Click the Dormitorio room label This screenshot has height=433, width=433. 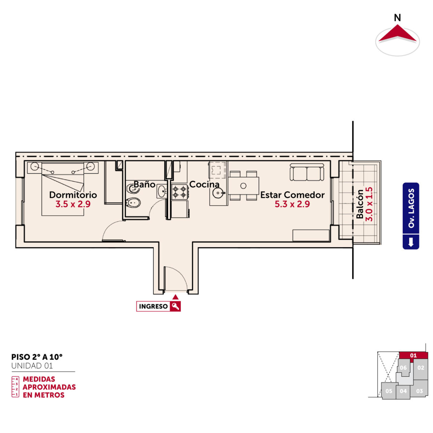coord(73,195)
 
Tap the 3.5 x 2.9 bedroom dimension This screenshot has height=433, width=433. coord(73,204)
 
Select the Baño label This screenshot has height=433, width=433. coord(145,184)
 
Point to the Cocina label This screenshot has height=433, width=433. coord(204,184)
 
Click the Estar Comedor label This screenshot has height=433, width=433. coord(292,195)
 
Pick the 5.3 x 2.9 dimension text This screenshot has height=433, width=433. coord(292,204)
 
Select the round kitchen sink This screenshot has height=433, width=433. coord(218,193)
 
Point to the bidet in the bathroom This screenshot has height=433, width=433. coord(133,203)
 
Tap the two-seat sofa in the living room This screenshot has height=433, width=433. coord(307,172)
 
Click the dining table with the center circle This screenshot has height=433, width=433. coord(244,186)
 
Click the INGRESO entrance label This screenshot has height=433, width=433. coord(153,306)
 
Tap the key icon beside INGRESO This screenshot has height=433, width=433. coord(175,306)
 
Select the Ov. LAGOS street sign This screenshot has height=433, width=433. coord(411,216)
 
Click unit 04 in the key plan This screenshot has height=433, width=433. coord(403,391)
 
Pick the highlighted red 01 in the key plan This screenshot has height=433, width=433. coord(413,355)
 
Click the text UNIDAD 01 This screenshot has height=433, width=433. coord(32,366)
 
